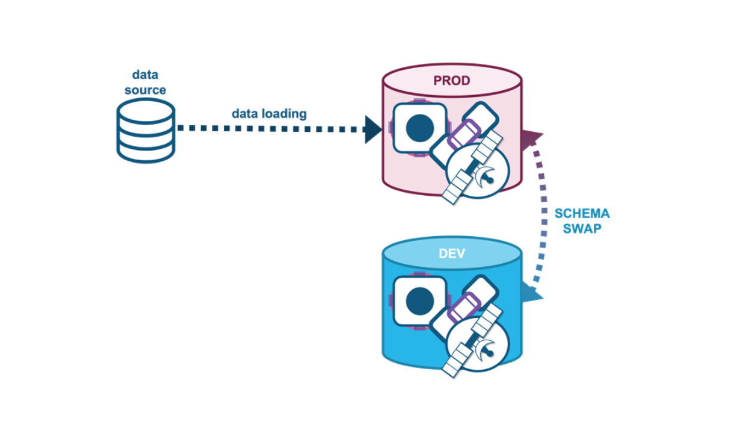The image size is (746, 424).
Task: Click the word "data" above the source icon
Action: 145,75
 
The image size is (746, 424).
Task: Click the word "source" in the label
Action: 145,90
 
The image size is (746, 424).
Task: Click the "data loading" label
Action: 270,113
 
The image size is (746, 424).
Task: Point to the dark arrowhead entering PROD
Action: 373,129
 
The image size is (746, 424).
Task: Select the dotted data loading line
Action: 271,129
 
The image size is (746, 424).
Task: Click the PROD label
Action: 452,81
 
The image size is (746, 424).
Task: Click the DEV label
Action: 452,254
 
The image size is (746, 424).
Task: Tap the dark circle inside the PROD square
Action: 420,128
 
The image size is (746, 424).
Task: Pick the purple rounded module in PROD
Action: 463,134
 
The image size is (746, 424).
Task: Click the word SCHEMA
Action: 582,213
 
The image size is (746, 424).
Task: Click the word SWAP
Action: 582,228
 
